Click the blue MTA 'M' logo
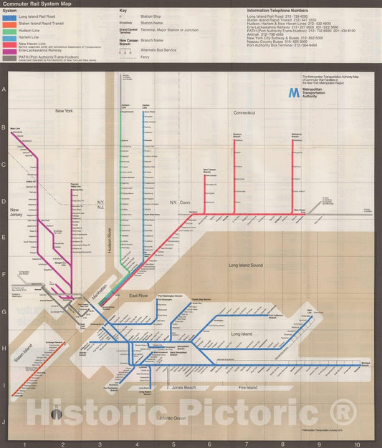point(293,92)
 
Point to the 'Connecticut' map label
point(244,113)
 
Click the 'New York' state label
point(65,111)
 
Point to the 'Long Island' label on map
point(242,333)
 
